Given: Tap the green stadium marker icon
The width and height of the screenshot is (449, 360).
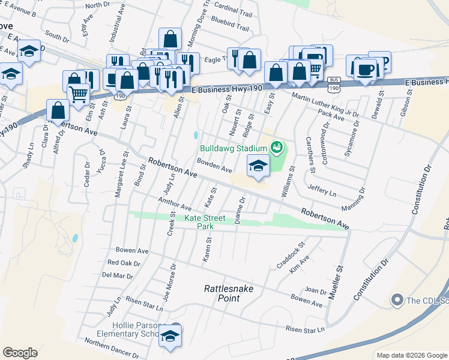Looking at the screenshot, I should click(276, 146).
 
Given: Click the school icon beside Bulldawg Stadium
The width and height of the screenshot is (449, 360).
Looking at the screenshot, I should click(258, 165).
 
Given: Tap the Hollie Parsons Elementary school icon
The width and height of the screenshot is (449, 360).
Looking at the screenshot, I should click(170, 336).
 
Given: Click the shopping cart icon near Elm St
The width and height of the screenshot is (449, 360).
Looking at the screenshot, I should click(78, 94).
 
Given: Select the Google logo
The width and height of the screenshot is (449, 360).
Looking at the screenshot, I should click(20, 353).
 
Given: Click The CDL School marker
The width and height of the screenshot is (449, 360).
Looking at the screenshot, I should click(396, 300).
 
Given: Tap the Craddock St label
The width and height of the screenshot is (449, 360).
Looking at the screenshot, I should click(291, 254).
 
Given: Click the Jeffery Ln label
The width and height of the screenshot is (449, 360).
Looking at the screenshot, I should click(321, 190).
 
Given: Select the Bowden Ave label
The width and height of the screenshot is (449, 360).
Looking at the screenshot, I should click(214, 165).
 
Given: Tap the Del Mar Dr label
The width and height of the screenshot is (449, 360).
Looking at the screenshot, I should click(117, 275).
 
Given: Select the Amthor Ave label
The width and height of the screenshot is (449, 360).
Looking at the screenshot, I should click(175, 205).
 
